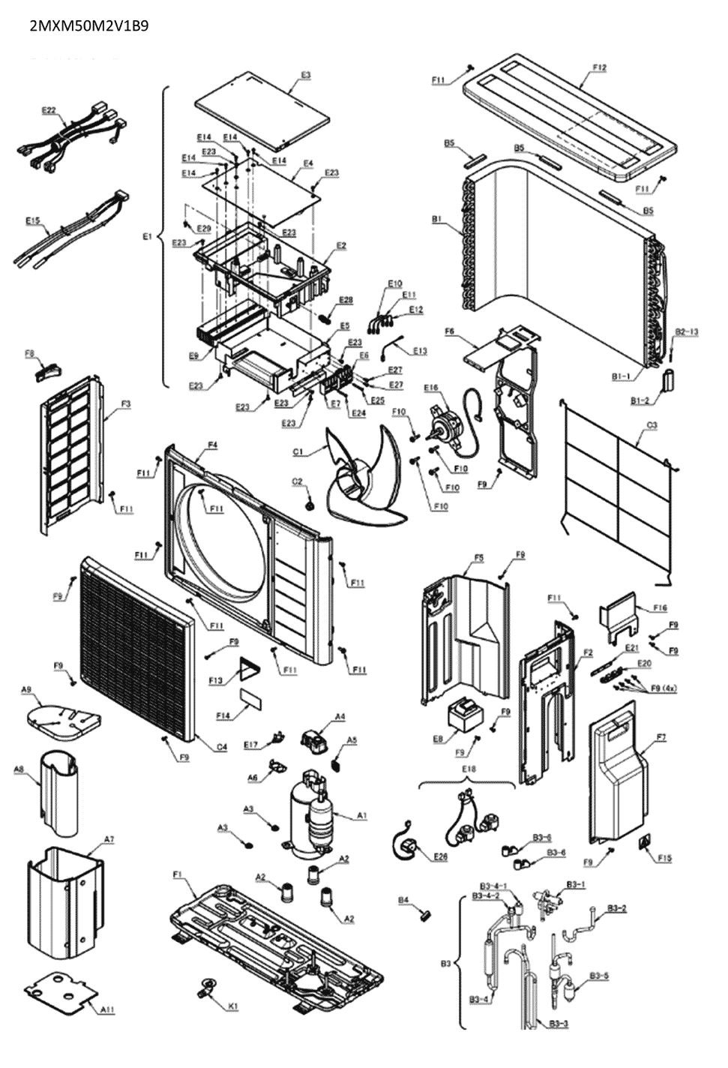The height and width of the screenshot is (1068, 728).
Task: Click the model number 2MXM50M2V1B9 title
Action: tap(88, 25)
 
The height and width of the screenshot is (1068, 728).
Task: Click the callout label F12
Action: tap(599, 67)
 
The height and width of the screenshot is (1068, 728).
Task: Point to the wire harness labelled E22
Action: tap(67, 139)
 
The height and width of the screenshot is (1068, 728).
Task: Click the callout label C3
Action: tap(652, 425)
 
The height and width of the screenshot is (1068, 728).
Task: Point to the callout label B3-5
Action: tap(599, 976)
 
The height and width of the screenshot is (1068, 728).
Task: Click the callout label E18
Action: tap(469, 769)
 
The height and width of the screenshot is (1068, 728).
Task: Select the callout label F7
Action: tap(661, 737)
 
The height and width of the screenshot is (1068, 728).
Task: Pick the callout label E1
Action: tap(147, 236)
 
